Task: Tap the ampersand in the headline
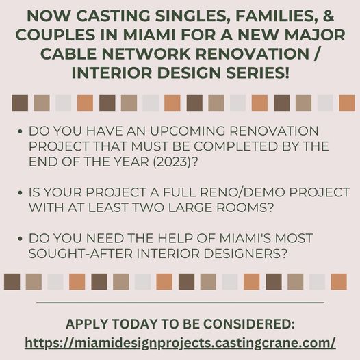(329, 15)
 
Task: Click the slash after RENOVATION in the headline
(316, 53)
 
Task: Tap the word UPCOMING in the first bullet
(188, 131)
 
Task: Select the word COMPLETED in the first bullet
(236, 146)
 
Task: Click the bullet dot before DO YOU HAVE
(20, 131)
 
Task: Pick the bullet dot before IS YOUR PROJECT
(20, 193)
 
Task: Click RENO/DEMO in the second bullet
(242, 192)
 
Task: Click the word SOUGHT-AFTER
(81, 254)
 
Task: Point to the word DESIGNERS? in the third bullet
(246, 254)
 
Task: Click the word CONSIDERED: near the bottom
(249, 324)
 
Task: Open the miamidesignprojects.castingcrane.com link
(180, 343)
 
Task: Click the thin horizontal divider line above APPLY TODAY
(180, 303)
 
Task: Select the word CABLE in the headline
(68, 53)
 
